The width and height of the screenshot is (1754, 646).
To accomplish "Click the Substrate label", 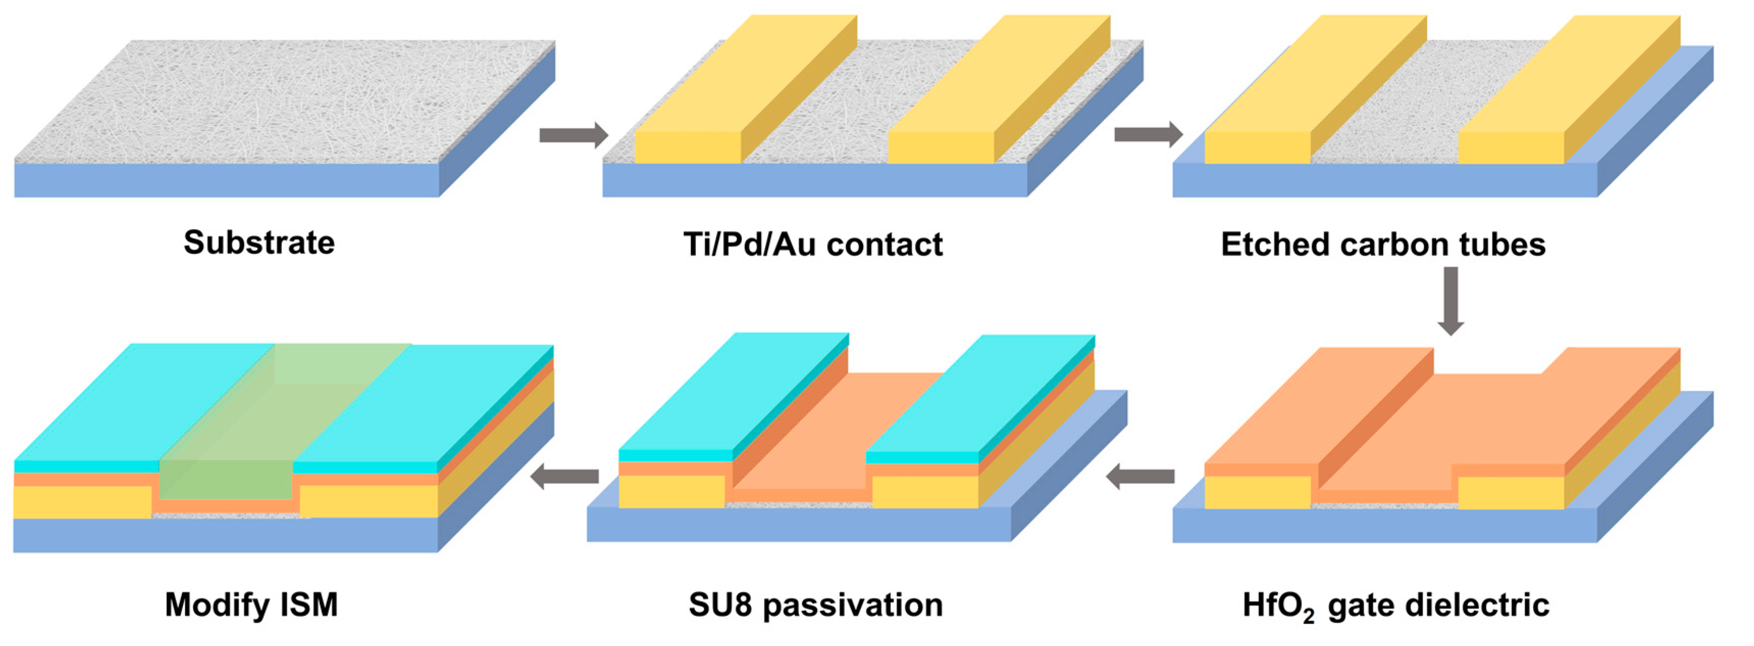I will coord(259,242).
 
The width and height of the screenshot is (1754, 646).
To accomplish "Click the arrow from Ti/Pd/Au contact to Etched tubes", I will coord(1148,135).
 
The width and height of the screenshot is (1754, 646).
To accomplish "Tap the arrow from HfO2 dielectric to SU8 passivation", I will coord(1141,476).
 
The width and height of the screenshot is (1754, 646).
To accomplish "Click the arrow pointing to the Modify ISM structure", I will coord(564,476).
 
